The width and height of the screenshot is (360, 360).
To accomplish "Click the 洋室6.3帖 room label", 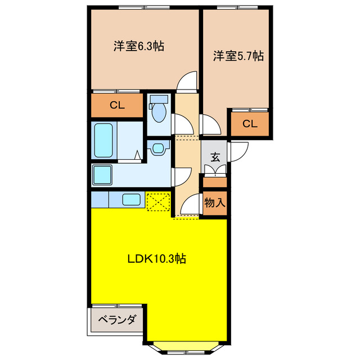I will click(x=138, y=47).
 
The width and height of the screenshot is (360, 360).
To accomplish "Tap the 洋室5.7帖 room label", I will click(x=238, y=56).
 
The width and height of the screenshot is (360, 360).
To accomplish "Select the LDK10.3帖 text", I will click(x=156, y=259).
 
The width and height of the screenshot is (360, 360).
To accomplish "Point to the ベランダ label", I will click(x=117, y=321).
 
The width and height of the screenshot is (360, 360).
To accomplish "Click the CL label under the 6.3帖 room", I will click(x=117, y=105).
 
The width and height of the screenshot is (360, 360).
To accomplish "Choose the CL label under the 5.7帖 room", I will click(x=250, y=124).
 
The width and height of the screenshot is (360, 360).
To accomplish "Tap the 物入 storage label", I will click(x=214, y=203).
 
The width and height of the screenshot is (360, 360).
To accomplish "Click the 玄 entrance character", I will click(x=215, y=157).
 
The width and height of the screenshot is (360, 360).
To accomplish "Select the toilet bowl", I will click(x=159, y=110).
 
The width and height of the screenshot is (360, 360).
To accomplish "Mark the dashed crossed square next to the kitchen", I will click(x=158, y=201).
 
